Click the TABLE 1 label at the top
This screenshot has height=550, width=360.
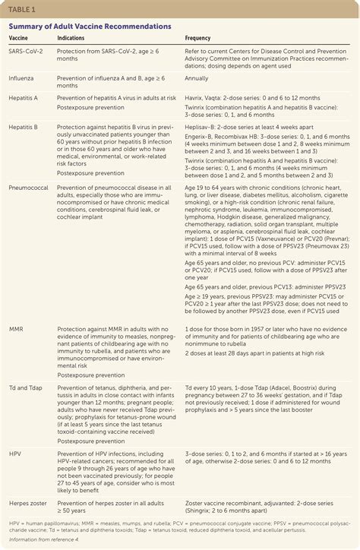coord(21,10)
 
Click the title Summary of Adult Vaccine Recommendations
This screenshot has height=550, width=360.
coord(89,27)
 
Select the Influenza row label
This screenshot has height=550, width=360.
coord(21,77)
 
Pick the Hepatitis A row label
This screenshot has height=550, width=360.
coord(24,96)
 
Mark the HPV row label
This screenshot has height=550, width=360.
coord(15,453)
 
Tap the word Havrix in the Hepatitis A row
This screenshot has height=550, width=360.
coord(195,96)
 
